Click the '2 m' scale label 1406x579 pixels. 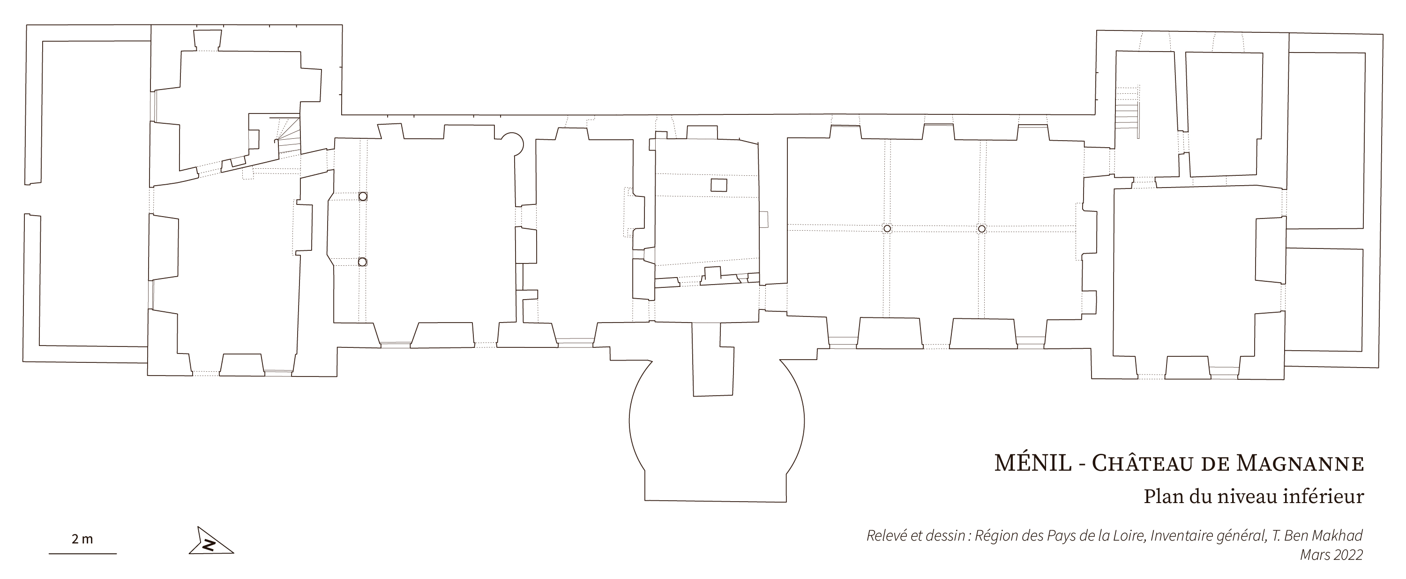82,540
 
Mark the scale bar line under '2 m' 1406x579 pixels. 82,554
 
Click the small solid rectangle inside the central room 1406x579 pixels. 719,185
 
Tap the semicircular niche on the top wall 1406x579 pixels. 513,142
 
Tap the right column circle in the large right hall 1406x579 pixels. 982,229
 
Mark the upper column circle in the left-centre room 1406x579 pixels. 363,196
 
